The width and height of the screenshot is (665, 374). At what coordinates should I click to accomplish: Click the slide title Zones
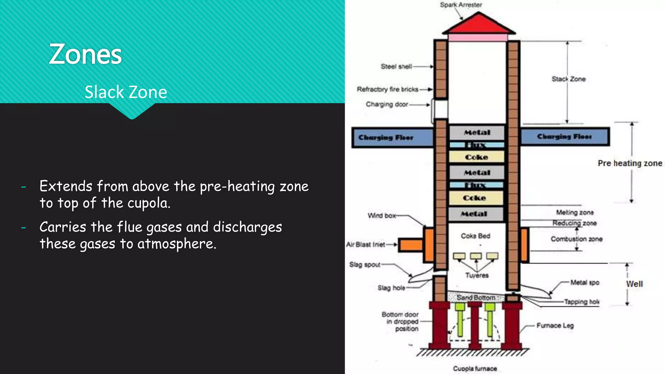click(x=85, y=55)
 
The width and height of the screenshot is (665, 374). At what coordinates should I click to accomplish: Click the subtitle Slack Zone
click(x=126, y=92)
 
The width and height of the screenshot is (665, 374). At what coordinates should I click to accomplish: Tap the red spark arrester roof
click(x=478, y=25)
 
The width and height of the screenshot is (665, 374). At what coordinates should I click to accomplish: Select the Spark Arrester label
click(x=461, y=5)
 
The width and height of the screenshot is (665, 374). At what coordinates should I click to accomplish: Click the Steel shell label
click(x=396, y=67)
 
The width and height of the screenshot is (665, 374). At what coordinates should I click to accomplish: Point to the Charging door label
click(x=387, y=105)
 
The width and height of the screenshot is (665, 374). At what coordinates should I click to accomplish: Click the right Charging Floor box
click(x=565, y=137)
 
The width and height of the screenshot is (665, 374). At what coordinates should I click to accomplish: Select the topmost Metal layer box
click(x=477, y=132)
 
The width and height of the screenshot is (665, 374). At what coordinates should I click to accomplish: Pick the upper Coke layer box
click(x=476, y=157)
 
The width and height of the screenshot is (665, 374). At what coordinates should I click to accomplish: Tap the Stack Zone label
click(x=569, y=79)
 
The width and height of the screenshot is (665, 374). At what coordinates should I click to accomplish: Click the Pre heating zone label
click(x=630, y=163)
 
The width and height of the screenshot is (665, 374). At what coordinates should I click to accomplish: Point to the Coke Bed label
click(x=475, y=236)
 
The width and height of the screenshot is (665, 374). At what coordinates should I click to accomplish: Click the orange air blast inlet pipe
click(x=410, y=245)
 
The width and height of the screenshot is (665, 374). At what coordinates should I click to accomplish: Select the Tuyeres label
click(x=477, y=275)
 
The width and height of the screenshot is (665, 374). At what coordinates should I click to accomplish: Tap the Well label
click(x=634, y=284)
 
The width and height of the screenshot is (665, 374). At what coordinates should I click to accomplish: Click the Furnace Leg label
click(x=555, y=326)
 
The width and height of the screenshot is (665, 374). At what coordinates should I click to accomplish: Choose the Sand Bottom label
click(x=476, y=297)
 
